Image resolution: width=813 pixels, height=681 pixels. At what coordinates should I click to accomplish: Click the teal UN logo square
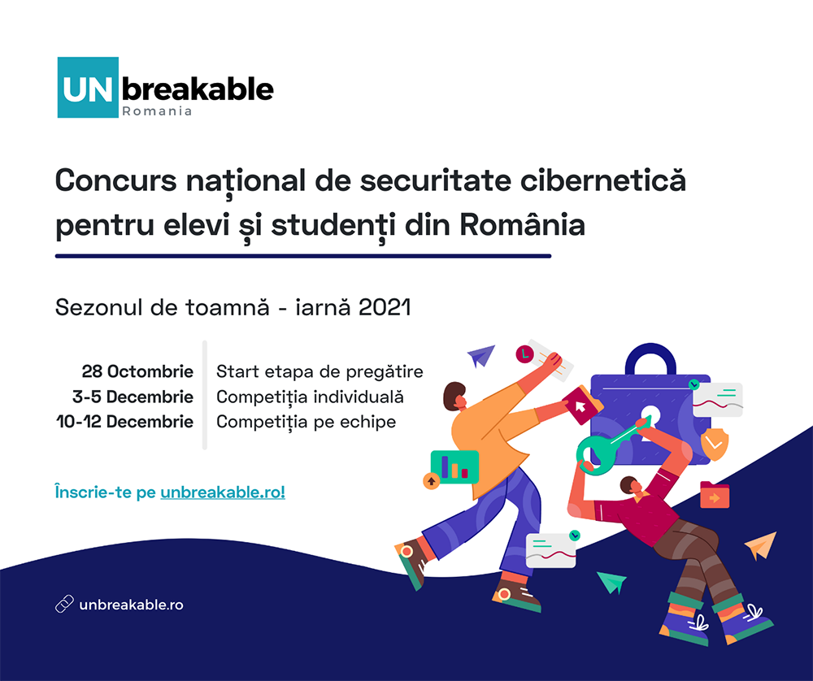88,88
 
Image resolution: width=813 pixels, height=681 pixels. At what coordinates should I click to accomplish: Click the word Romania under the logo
157,111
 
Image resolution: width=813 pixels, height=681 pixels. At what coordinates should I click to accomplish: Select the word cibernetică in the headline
603,180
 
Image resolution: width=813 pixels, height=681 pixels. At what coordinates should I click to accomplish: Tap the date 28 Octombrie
137,371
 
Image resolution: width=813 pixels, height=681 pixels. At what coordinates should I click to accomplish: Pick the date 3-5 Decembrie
133,397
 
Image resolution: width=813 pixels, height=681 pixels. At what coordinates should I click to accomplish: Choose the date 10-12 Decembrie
124,421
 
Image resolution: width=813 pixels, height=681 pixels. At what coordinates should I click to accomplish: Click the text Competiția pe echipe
306,422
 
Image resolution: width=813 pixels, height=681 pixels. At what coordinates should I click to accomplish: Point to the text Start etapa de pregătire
320,371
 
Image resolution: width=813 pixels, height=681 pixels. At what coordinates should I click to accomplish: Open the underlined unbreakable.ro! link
223,492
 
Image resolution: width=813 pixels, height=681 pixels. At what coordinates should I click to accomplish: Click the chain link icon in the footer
64,605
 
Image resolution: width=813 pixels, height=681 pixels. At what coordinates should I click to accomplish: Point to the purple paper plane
480,355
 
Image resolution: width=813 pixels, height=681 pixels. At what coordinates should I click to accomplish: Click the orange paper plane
761,545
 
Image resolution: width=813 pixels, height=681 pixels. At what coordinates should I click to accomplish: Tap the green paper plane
612,582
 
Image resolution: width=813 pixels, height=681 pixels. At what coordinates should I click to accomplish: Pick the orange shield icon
715,445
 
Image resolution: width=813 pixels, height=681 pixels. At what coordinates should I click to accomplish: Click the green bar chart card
454,466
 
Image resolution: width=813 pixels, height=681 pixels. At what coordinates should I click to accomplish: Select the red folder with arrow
715,495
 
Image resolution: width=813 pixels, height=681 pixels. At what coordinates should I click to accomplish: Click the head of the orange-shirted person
455,397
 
